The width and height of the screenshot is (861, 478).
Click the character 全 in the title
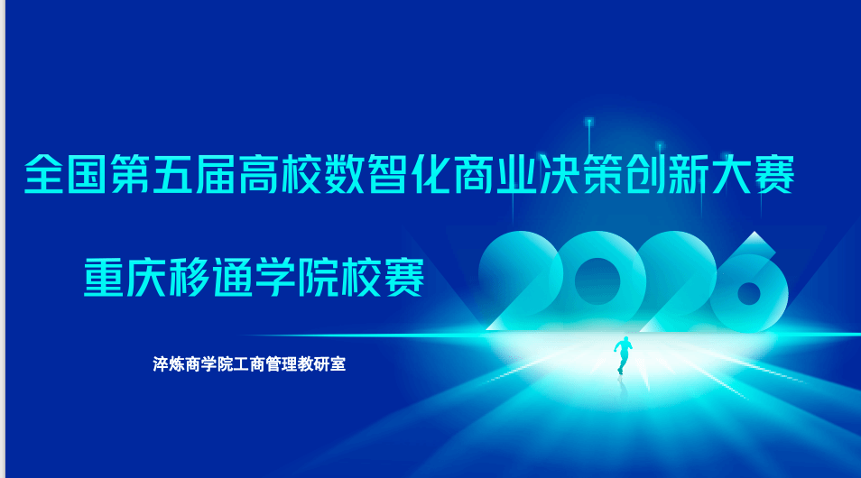point(43,175)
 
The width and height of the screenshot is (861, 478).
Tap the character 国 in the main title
point(87,175)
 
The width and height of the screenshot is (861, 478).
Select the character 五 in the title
point(172,175)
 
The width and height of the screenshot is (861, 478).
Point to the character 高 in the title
point(258,175)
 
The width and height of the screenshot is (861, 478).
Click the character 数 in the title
point(344,175)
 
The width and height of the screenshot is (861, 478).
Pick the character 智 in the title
point(387,175)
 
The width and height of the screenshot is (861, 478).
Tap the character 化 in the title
point(430,175)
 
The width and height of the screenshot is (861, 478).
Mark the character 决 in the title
point(559,175)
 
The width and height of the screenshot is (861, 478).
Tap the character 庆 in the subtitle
point(146,277)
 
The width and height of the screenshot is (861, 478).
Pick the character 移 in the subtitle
point(190,277)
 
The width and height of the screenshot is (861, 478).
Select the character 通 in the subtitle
point(232,277)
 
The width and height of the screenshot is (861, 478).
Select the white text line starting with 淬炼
point(249,363)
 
